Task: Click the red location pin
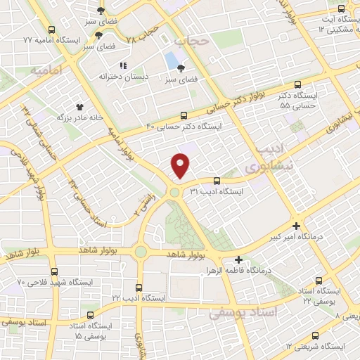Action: [x=181, y=165]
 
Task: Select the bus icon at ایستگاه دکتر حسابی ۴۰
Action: [x=184, y=115]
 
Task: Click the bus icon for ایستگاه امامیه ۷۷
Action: [x=52, y=30]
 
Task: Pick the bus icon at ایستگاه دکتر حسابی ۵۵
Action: [x=297, y=84]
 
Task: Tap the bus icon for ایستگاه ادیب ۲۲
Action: [x=139, y=288]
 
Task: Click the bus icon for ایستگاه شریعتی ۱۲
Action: [x=314, y=335]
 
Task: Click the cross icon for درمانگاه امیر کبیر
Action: [x=297, y=226]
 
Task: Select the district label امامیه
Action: [x=67, y=70]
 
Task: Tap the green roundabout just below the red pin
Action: [x=174, y=192]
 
